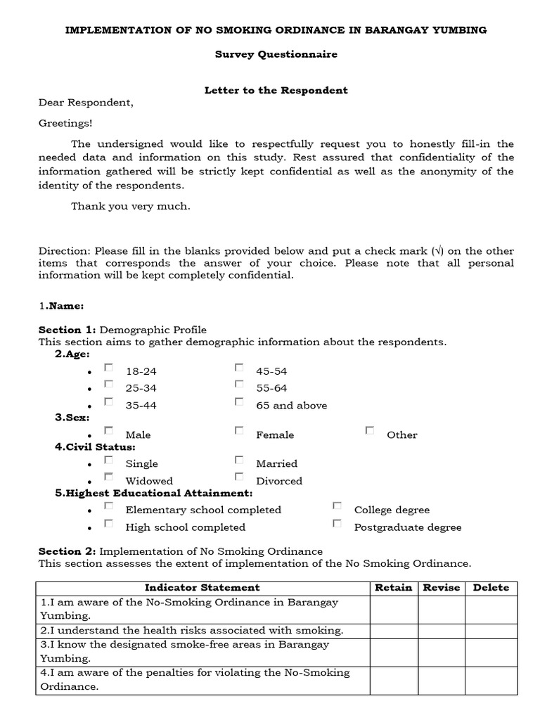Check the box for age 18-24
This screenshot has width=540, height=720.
coord(108,367)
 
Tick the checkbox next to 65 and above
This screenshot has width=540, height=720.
coord(239,401)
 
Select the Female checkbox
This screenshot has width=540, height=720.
coord(239,430)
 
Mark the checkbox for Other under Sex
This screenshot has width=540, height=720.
coord(370,430)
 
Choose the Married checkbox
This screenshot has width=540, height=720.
coord(239,460)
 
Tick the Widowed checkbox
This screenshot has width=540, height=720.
coord(108,477)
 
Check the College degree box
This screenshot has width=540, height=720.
coord(337,506)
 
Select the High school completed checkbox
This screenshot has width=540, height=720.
coord(108,523)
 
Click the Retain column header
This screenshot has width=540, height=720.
coord(393,588)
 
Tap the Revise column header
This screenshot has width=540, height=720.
coord(441,588)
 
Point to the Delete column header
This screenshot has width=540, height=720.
coord(491,588)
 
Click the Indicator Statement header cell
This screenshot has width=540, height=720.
coord(202,588)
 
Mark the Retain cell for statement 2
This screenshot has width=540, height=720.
coord(393,631)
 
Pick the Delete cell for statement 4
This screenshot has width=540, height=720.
coord(491,680)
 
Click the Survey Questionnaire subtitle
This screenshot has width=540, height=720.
coord(276,55)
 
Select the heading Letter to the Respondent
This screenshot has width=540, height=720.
coord(276,91)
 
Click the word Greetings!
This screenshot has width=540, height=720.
coord(65,123)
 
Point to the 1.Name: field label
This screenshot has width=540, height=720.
coord(61,306)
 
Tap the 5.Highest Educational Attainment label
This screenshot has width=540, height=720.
coord(153,494)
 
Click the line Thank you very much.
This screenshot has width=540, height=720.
coord(130,207)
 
